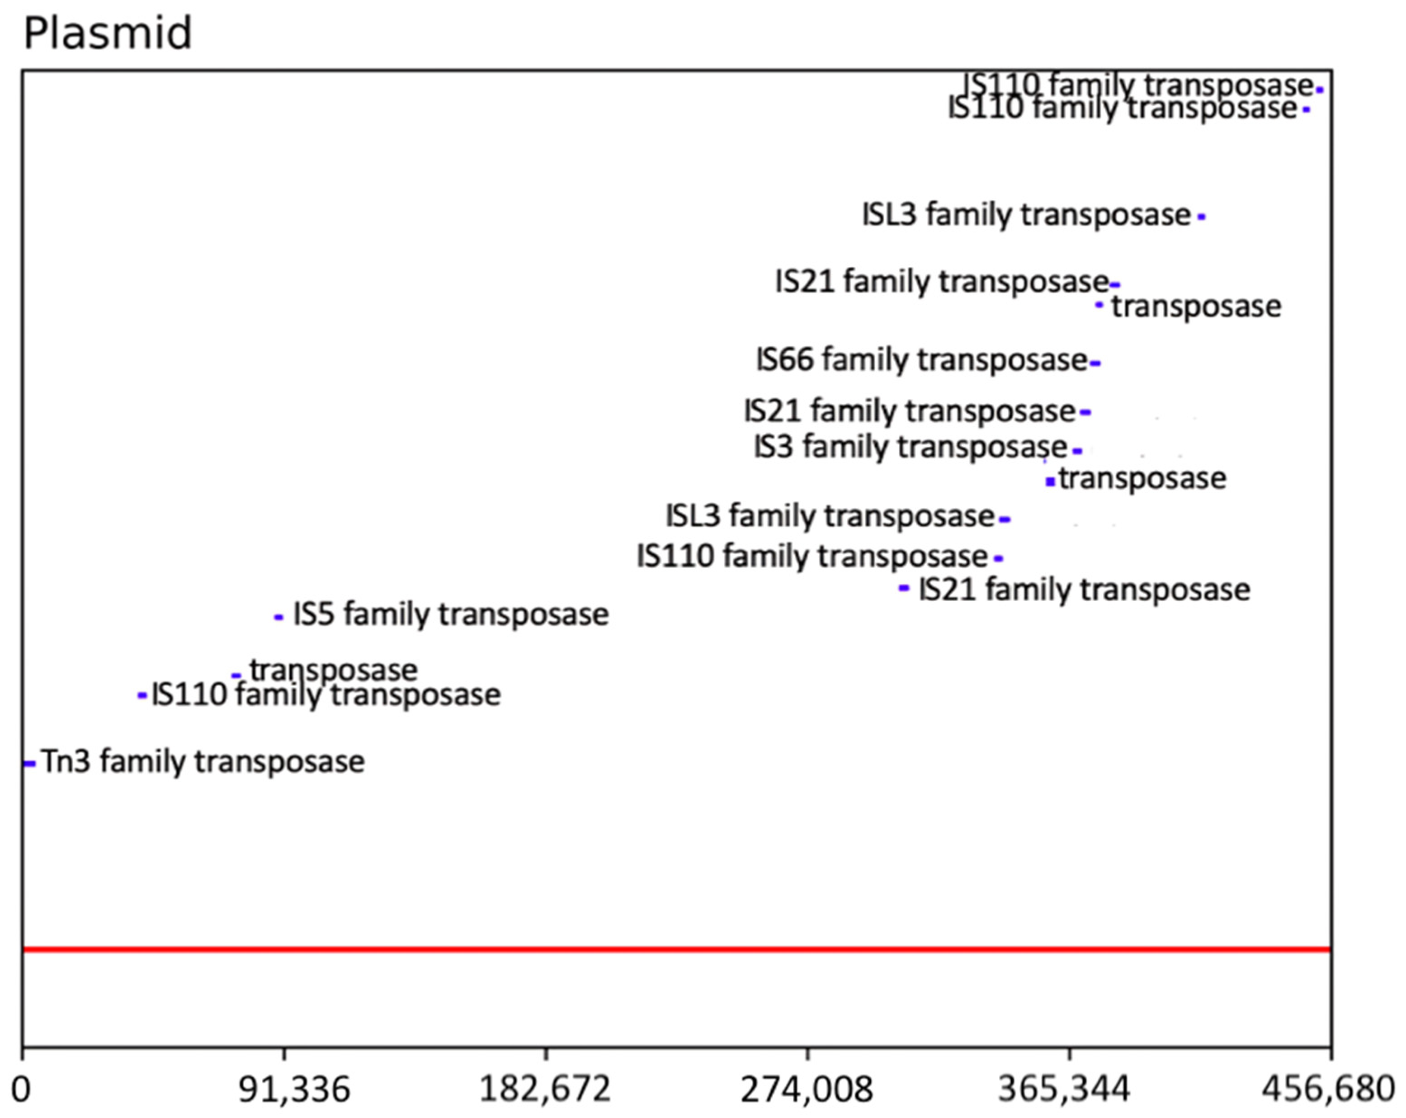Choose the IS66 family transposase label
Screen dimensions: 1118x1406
(921, 360)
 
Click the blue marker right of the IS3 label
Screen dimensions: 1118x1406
(1077, 451)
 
